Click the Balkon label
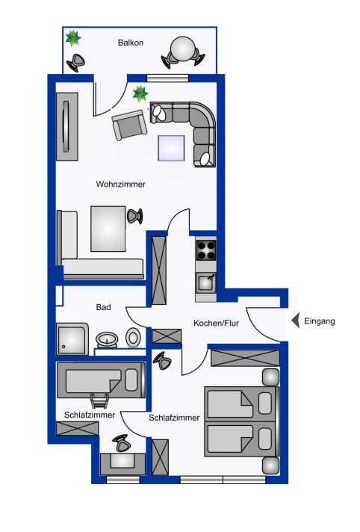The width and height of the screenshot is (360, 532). (131, 43)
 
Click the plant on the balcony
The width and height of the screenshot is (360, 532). (73, 38)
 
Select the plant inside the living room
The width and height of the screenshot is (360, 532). (140, 93)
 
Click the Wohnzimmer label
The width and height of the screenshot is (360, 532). (121, 185)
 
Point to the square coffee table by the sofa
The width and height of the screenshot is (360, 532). (171, 148)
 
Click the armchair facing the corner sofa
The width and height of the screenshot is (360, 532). (130, 125)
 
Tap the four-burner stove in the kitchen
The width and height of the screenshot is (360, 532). (205, 250)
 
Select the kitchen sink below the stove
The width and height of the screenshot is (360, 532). (205, 282)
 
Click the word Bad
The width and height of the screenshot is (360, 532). (104, 307)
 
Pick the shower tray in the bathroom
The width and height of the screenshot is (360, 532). (72, 339)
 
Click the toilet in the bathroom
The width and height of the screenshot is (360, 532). (132, 338)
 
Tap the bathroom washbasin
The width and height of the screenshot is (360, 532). (107, 339)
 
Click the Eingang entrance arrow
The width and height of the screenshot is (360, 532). (296, 321)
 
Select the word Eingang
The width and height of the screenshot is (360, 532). (319, 321)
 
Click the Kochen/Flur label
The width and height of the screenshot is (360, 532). (216, 323)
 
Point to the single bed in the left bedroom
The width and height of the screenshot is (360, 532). (101, 380)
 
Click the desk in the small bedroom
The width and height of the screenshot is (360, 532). (122, 464)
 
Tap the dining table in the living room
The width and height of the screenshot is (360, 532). (108, 229)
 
